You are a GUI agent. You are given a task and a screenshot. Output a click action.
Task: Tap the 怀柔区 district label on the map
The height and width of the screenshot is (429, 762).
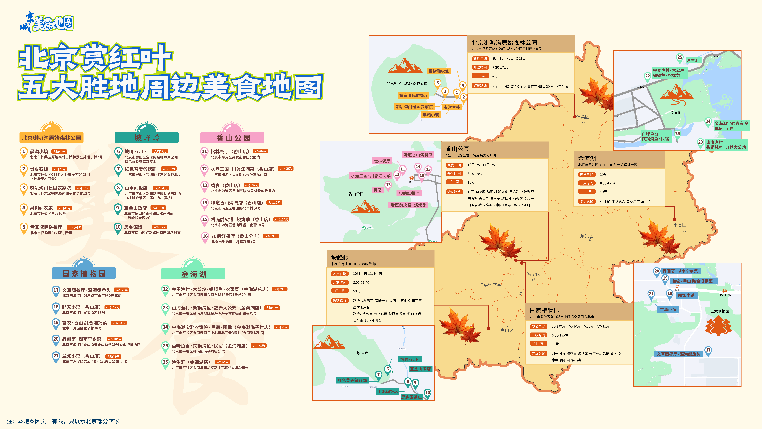pyautogui.click(x=583, y=117)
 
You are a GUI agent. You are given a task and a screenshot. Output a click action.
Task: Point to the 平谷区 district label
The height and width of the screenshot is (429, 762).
pyautogui.click(x=680, y=225)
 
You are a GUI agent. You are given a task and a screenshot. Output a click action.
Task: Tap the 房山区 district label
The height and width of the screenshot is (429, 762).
pyautogui.click(x=507, y=330)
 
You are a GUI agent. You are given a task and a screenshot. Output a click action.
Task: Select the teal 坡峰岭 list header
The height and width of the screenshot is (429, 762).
pyautogui.click(x=147, y=138)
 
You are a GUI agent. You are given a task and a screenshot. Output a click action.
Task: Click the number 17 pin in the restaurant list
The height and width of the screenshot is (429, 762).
pyautogui.click(x=56, y=290)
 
